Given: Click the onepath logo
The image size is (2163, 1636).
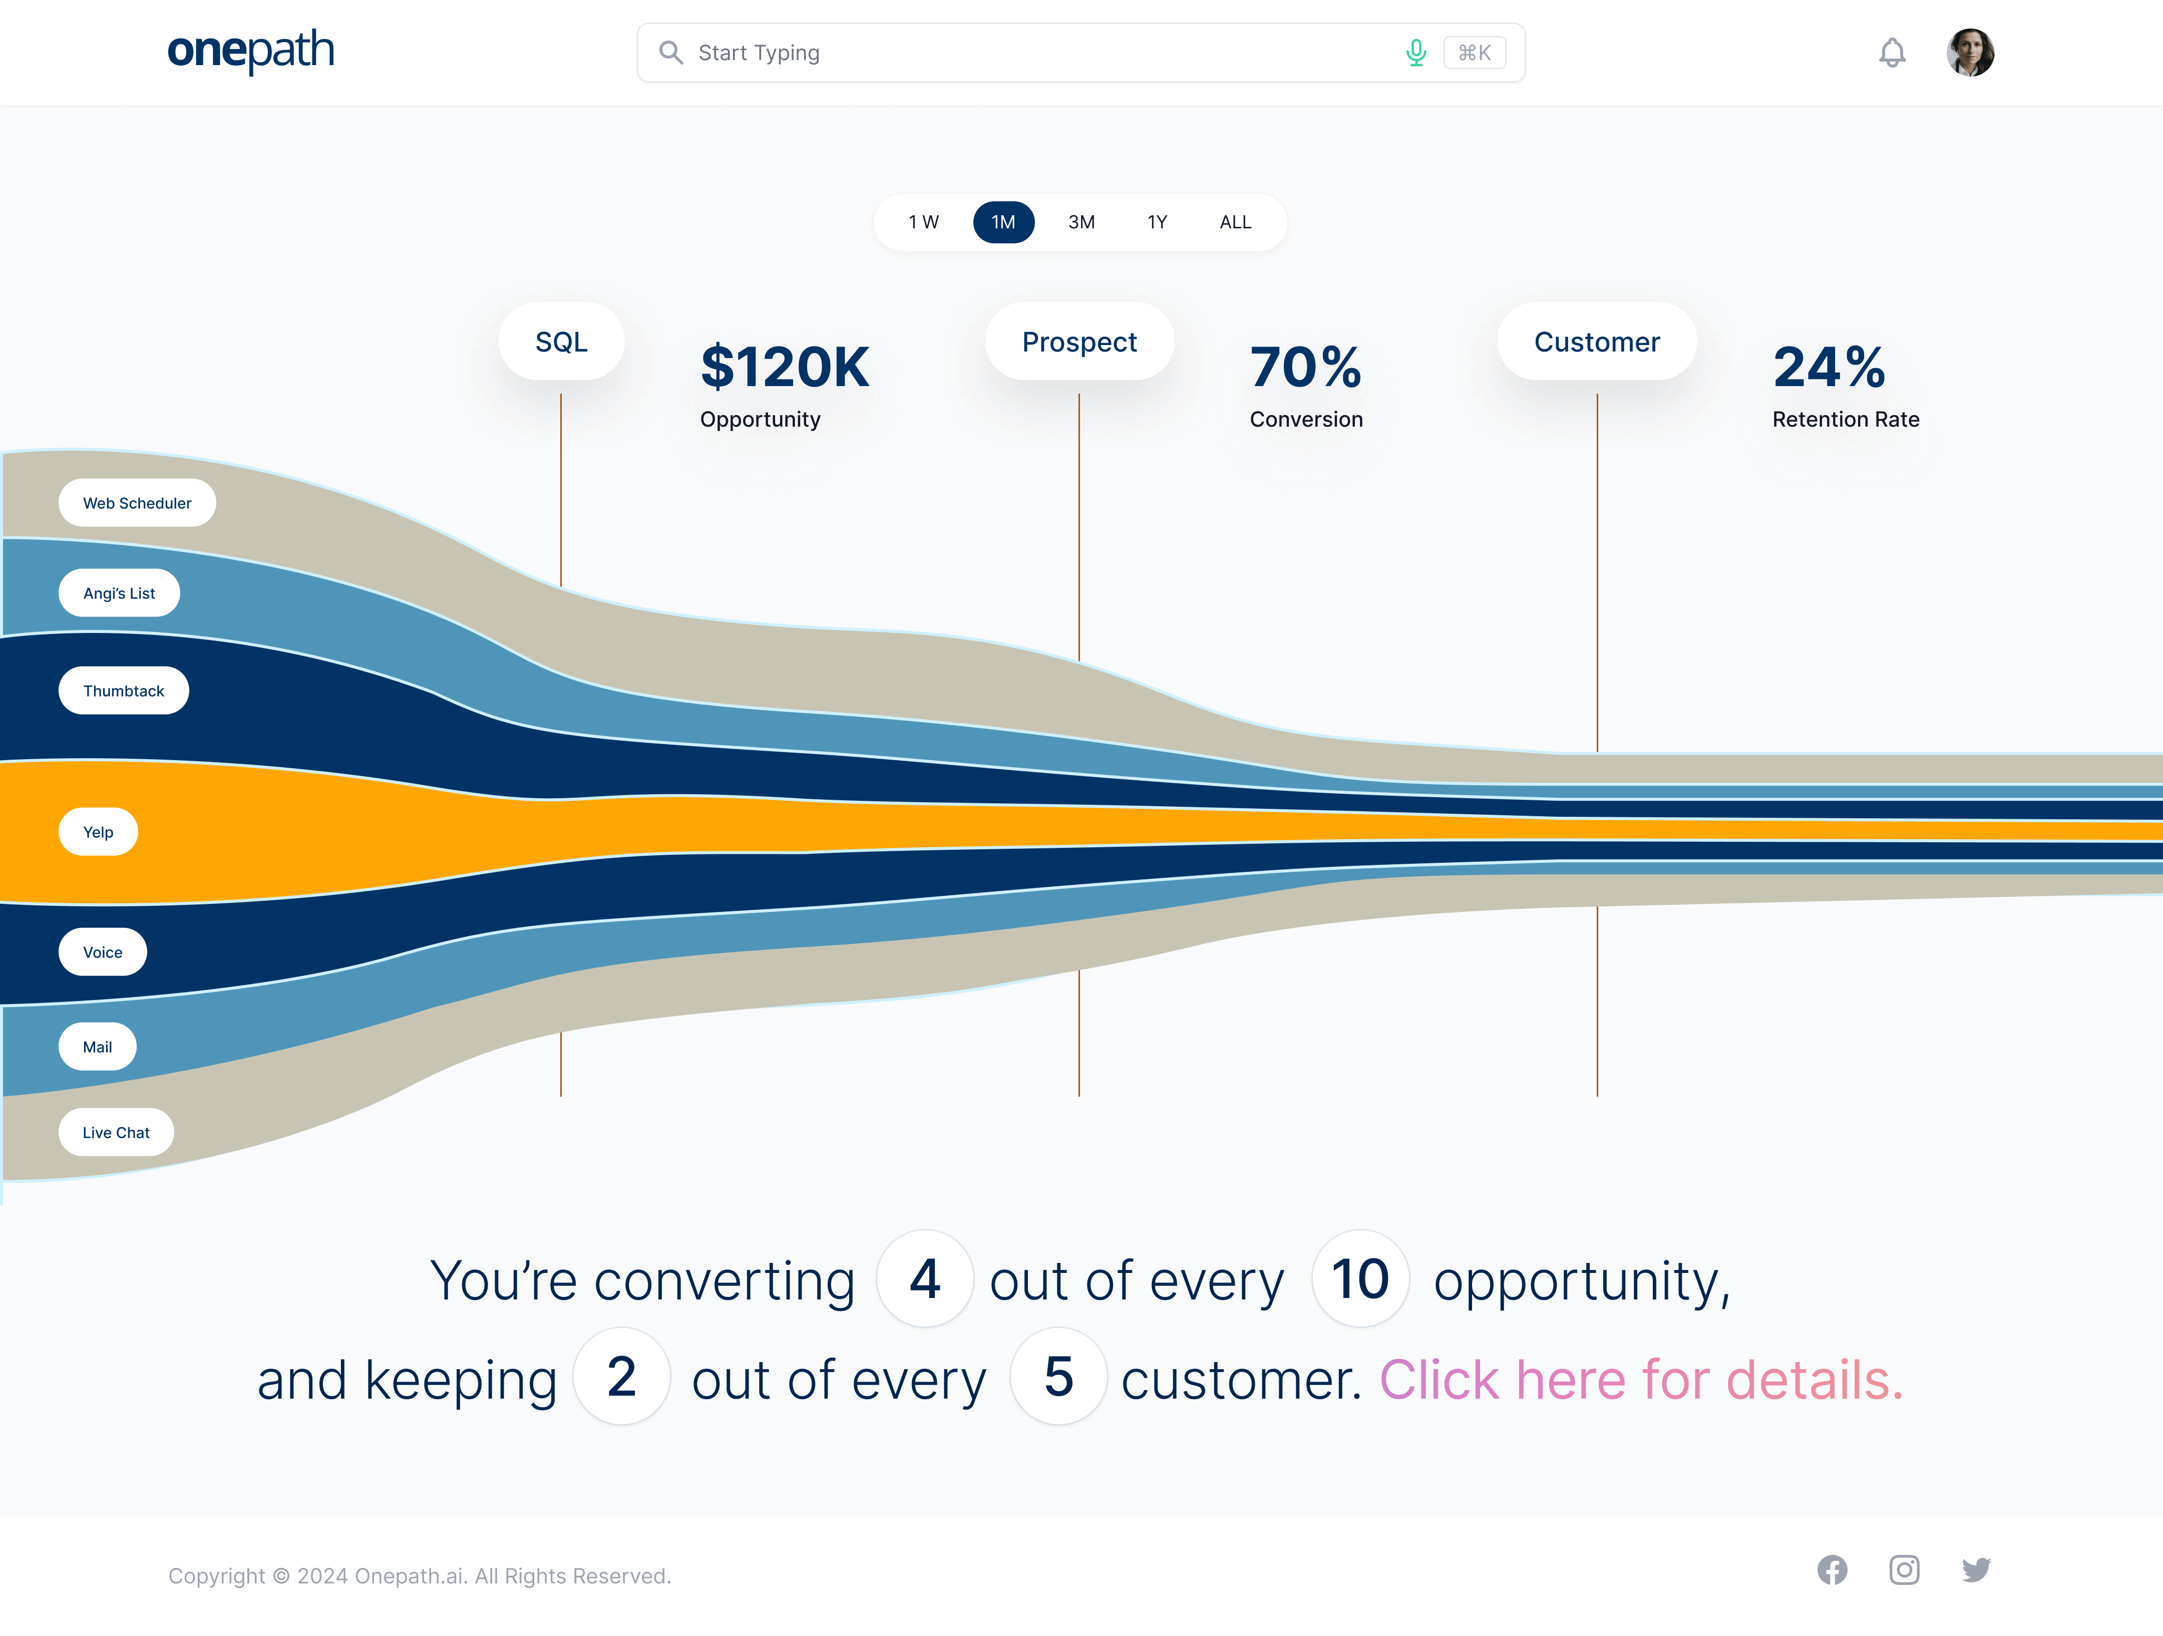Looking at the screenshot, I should click(250, 51).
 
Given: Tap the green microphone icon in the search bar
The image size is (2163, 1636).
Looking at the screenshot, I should click(1415, 53).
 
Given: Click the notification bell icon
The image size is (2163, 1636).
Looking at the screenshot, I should click(1892, 53).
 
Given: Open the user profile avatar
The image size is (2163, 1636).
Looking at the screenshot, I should click(1969, 53).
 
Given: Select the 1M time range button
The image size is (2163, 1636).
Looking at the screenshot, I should click(1003, 222).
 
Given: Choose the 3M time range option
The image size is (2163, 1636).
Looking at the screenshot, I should click(1080, 222).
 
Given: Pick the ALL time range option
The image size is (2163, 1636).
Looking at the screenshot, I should click(1235, 222).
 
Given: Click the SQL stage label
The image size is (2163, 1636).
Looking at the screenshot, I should click(561, 342).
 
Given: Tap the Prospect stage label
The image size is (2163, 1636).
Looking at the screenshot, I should click(1078, 342).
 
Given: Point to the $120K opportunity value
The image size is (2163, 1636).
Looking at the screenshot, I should click(784, 368).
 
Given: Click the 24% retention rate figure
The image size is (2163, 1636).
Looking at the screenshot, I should click(1829, 368).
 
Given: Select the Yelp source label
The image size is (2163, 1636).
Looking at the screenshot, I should click(98, 832).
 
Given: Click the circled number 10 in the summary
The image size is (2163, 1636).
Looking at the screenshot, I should click(1359, 1279).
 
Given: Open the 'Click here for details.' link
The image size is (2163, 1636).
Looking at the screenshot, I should click(1641, 1380).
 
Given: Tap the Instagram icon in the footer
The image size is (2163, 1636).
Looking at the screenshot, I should click(1904, 1570).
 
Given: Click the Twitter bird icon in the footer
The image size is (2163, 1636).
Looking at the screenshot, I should click(1975, 1570).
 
